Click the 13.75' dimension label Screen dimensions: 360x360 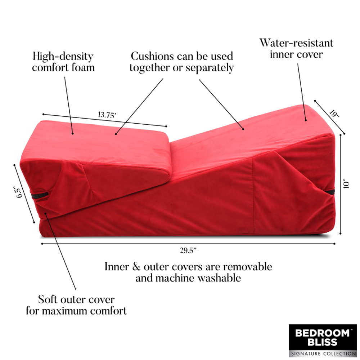tap(107, 115)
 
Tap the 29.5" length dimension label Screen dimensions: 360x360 tap(188, 250)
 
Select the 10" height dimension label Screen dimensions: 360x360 tap(346, 183)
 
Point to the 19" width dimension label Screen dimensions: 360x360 tap(334, 114)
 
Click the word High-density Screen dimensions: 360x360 tap(63, 56)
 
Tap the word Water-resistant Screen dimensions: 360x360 tap(296, 43)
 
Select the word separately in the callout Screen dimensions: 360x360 tap(210, 68)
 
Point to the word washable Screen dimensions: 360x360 tap(219, 278)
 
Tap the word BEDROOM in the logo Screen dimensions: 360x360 tap(322, 333)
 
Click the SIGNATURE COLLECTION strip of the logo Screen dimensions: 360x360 tap(323, 353)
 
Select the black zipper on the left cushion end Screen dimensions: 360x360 tap(40, 195)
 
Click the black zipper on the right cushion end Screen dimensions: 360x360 tap(330, 192)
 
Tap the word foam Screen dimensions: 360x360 tap(83, 68)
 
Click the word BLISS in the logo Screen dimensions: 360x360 tap(322, 342)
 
